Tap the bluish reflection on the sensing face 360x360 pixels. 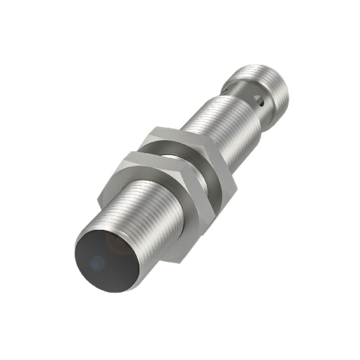(96, 264)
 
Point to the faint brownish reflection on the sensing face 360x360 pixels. (118, 243)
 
